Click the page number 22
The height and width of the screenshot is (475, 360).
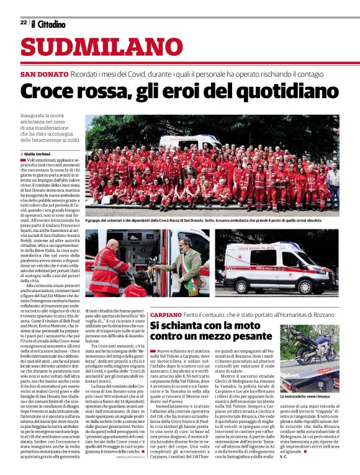click(x=23, y=22)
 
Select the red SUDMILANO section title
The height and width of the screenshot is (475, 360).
click(x=93, y=47)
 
